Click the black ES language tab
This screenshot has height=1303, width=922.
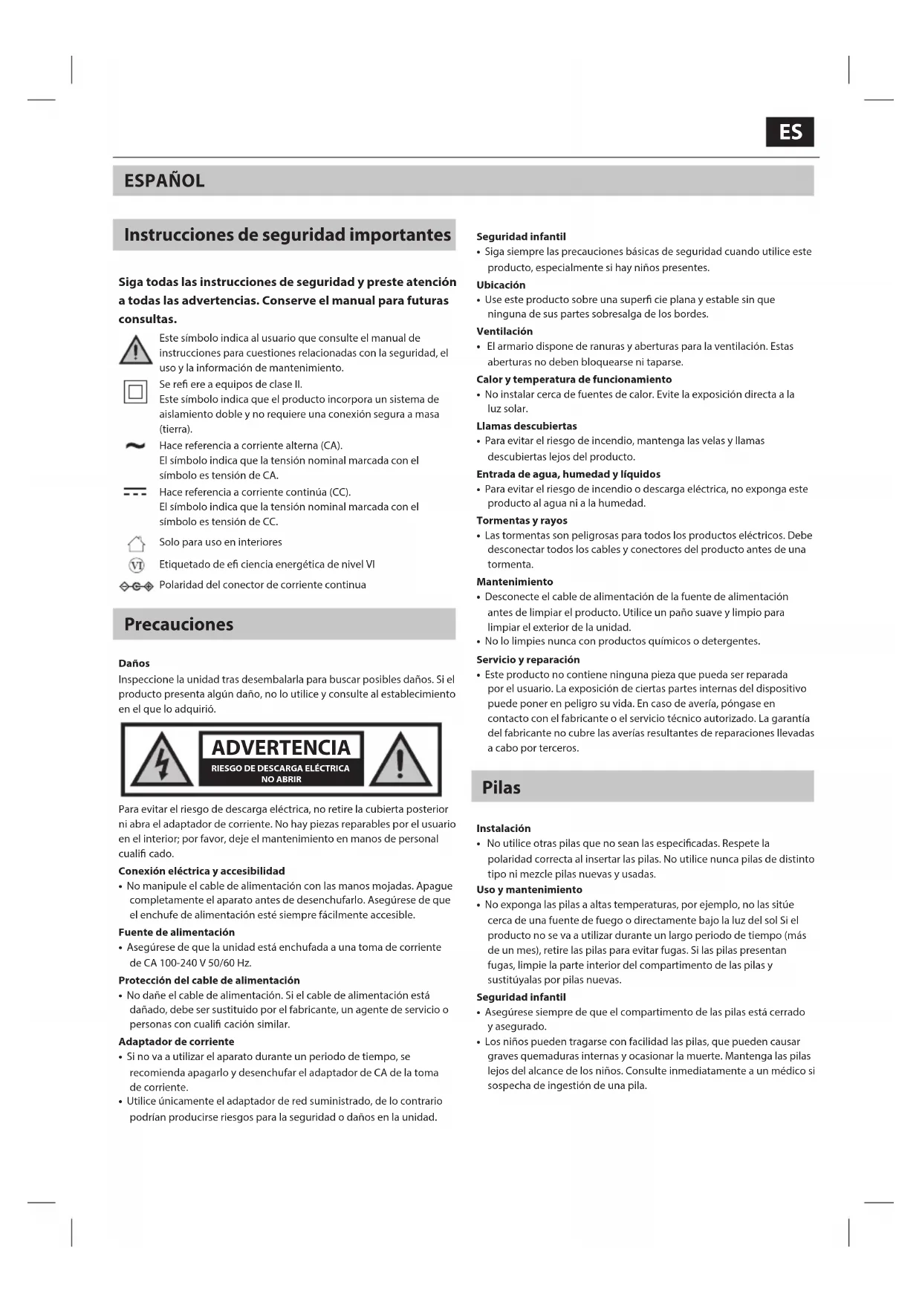tap(790, 132)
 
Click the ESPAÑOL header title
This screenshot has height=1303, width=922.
tap(164, 181)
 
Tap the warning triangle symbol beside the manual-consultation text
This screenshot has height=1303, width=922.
tap(135, 349)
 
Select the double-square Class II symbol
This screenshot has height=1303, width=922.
tap(135, 391)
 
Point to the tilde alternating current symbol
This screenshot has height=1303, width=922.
tap(134, 446)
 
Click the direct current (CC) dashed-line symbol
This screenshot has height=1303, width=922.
tap(134, 492)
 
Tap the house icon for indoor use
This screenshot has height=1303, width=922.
tap(135, 544)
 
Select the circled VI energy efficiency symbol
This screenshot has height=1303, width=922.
tap(136, 565)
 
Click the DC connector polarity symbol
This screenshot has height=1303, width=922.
tap(136, 586)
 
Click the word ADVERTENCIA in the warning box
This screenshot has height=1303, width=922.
tap(281, 747)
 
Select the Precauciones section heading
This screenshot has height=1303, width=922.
tap(178, 624)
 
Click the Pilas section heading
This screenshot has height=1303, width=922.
tap(501, 787)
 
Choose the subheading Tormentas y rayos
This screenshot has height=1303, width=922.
tap(522, 521)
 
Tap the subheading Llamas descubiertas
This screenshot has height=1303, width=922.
tap(526, 426)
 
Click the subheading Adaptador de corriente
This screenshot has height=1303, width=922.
tap(176, 1042)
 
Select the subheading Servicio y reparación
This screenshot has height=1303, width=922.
tap(527, 660)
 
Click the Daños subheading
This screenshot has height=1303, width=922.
tap(134, 663)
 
